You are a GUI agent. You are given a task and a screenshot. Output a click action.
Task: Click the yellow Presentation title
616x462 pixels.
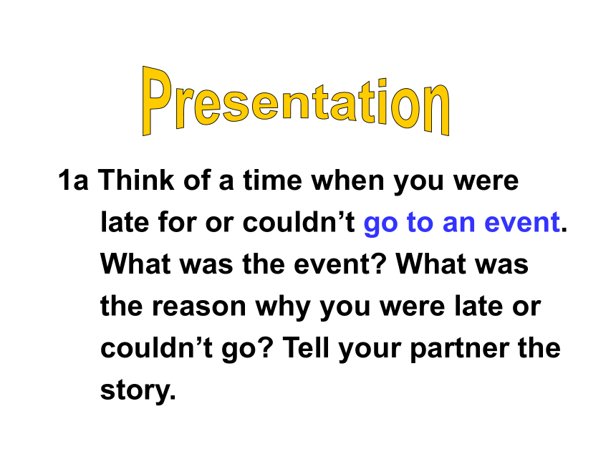coord(295,101)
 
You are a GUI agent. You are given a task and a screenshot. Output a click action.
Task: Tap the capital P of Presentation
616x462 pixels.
coord(156,101)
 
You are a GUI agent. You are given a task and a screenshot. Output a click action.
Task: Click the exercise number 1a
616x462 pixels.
coord(73,181)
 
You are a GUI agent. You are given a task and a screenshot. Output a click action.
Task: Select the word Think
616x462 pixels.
coord(135,180)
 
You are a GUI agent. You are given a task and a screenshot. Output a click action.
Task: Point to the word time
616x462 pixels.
coord(272,181)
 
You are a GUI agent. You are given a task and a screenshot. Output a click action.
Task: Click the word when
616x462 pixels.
coord(347,181)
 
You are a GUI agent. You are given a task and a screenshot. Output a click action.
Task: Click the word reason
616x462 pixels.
coord(199,307)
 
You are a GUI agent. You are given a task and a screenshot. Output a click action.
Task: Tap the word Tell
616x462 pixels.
coord(306,347)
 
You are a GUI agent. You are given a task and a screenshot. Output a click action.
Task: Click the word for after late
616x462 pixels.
coord(177,222)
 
